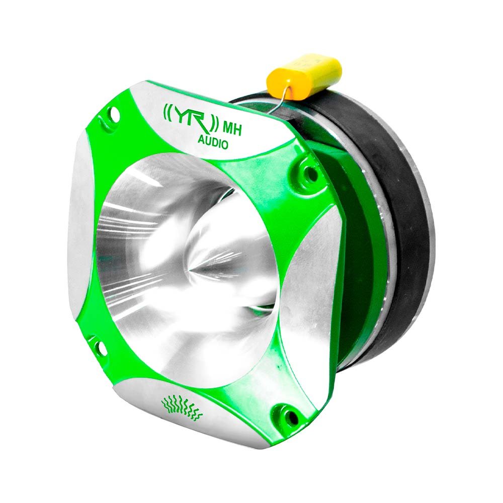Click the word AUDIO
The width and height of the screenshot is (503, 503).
pyautogui.click(x=211, y=143)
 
